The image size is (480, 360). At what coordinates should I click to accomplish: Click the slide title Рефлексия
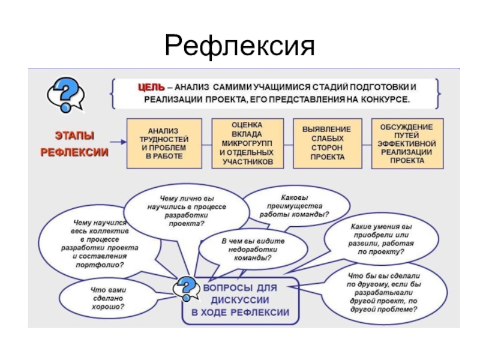coord(240,46)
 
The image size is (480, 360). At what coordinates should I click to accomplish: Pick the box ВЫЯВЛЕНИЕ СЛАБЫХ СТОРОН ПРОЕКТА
coord(327,143)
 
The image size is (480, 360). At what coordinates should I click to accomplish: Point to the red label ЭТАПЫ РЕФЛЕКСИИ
coord(74,144)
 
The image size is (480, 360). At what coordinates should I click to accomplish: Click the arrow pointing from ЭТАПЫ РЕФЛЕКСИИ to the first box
coord(118,143)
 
